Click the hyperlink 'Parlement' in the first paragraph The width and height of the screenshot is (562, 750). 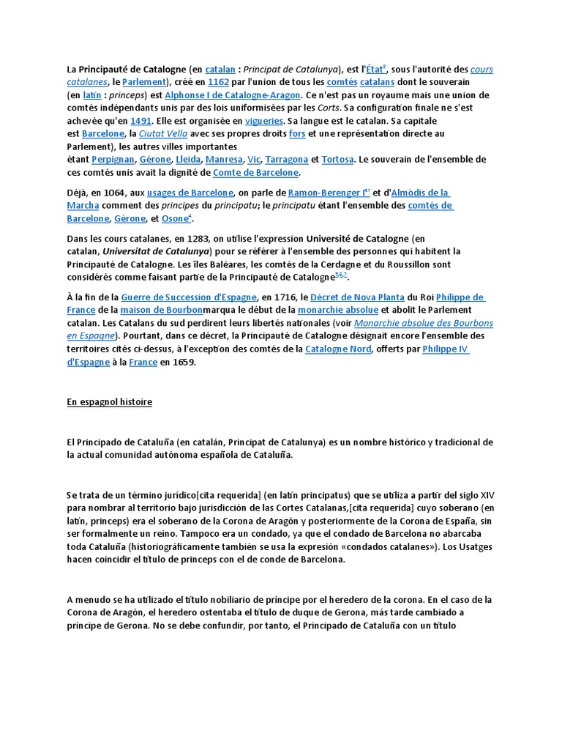pyautogui.click(x=145, y=82)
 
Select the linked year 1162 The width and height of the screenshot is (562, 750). pyautogui.click(x=219, y=82)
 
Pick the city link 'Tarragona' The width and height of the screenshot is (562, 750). pyautogui.click(x=286, y=160)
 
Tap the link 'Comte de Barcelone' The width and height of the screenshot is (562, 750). pyautogui.click(x=255, y=173)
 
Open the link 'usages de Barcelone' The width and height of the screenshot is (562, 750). pyautogui.click(x=189, y=193)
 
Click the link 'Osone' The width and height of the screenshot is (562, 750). pyautogui.click(x=175, y=218)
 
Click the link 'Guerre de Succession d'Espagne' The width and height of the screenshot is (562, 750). pyautogui.click(x=189, y=297)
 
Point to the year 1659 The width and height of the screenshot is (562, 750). pyautogui.click(x=184, y=362)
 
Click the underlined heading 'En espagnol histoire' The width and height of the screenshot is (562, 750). pyautogui.click(x=110, y=402)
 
